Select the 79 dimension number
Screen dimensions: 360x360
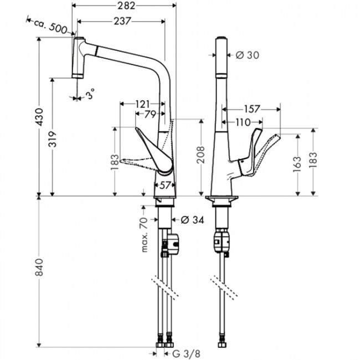[150, 115]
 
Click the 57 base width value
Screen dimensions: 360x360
[164, 186]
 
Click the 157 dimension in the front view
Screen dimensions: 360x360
[253, 109]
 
